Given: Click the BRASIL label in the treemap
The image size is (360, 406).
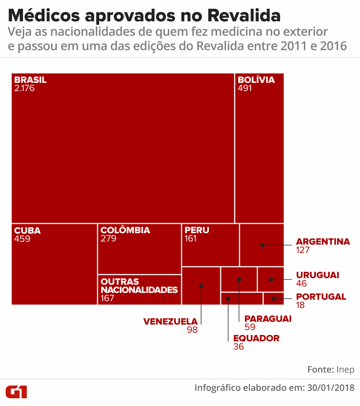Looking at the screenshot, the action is (30, 80).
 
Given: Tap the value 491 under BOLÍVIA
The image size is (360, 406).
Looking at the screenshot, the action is (245, 88).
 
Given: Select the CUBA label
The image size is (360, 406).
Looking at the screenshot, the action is (27, 230).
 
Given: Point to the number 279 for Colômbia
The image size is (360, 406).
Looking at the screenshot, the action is (108, 239).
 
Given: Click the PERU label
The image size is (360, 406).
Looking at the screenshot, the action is (197, 230).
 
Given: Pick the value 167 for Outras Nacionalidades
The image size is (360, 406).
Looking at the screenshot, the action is (107, 298).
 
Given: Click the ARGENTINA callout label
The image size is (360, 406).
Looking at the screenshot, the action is (323, 242).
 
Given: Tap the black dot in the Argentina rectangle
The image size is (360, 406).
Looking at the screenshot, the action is (262, 245).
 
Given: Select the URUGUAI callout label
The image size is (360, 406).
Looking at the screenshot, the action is (318, 275).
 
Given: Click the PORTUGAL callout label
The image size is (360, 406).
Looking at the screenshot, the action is (321, 297).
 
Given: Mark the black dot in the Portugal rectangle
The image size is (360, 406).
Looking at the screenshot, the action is (274, 298).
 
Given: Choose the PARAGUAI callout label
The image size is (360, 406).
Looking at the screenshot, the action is (268, 319).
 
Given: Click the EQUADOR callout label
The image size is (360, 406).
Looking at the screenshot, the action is (256, 338).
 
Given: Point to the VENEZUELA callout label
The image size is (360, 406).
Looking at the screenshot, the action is (170, 321).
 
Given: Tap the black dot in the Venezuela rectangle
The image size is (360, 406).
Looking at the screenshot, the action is (201, 286).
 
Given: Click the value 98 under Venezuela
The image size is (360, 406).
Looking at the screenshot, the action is (192, 330).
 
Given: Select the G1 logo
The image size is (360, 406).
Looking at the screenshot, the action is (16, 392).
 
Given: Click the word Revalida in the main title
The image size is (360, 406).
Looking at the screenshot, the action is (244, 15).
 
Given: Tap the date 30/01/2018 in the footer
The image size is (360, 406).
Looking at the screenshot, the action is (331, 388).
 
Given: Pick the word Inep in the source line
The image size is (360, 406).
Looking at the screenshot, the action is (345, 370).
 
